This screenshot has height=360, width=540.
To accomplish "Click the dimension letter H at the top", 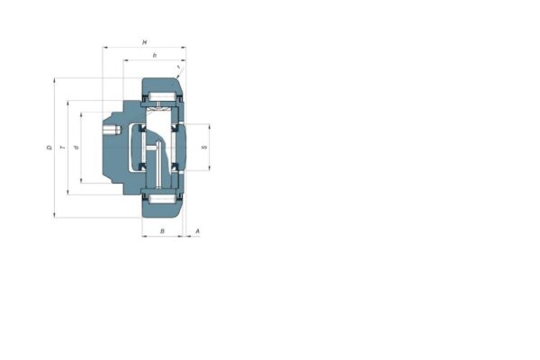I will coord(145,41).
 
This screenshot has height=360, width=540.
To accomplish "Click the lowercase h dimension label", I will coord(155,56).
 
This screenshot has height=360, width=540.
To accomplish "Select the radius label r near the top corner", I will coord(180,67).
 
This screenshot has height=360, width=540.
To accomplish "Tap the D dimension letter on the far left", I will coord(49,148).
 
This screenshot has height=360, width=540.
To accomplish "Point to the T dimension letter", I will coord(62,148).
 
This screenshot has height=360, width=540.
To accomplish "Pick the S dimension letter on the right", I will coord(204,147).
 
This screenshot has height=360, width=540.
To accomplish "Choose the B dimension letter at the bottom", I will coord(161,232).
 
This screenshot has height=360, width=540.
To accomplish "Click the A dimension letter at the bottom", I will coord(197,232).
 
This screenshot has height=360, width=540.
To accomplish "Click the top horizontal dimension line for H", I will coord(126,47).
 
